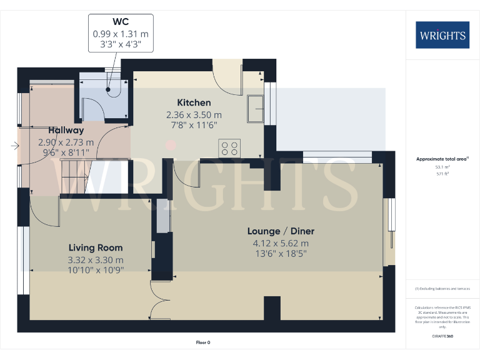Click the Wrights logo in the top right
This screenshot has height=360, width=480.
(442, 35)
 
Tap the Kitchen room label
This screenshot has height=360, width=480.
(194, 102)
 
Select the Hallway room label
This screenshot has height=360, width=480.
(66, 131)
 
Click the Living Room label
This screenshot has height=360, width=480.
(96, 247)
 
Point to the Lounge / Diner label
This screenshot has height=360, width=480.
(281, 231)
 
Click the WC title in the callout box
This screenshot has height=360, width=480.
(121, 21)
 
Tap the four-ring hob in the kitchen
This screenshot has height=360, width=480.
(230, 149)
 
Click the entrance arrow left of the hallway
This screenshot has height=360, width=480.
(14, 146)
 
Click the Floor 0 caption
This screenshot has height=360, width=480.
(204, 342)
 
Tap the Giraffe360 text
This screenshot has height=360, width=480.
(442, 337)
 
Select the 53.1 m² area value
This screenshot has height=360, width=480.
(442, 167)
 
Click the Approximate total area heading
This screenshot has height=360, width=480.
(442, 159)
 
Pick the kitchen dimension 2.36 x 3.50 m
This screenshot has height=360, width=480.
(194, 115)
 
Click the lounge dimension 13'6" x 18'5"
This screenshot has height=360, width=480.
(281, 254)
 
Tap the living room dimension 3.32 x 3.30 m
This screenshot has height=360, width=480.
(96, 260)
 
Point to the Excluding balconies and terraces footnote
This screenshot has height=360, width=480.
(442, 288)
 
